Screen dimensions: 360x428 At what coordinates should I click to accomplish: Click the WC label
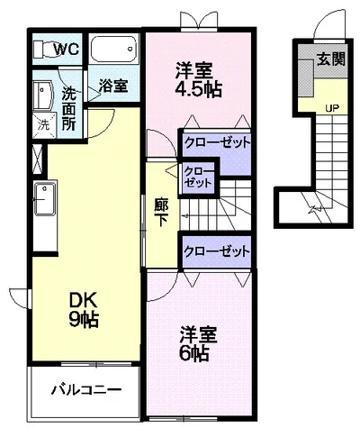67,49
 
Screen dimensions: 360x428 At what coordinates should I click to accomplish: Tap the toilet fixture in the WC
43,49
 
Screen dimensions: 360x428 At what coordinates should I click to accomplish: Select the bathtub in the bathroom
113,49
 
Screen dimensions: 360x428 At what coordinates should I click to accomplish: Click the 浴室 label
113,86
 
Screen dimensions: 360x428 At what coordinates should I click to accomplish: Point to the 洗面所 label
68,109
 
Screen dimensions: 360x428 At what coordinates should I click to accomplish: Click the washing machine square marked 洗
44,124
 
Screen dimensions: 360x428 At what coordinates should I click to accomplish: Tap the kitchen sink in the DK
44,200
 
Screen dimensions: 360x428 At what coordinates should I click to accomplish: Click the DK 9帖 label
84,310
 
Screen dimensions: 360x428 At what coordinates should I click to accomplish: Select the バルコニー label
85,390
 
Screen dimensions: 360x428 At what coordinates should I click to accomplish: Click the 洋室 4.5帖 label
198,79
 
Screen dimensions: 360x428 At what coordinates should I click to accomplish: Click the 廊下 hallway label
161,212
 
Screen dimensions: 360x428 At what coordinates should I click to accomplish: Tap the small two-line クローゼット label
198,178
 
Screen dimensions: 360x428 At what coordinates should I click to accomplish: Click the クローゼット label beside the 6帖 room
217,250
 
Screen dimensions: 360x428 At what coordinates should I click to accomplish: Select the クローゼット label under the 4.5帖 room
217,142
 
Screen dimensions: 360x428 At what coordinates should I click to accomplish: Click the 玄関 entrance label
331,59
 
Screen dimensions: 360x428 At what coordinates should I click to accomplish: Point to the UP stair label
332,107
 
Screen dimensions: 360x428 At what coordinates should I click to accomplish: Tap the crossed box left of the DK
37,159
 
